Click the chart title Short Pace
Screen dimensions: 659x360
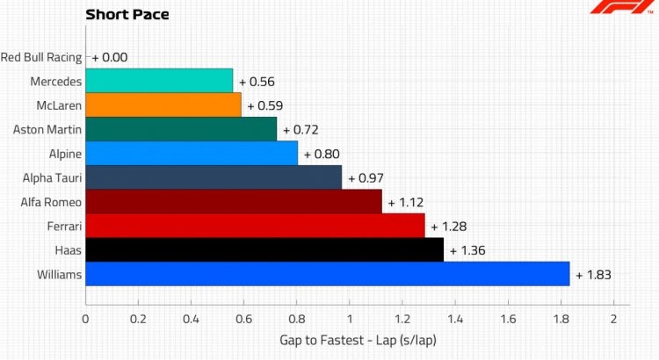point(127,15)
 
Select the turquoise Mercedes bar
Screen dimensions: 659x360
point(159,81)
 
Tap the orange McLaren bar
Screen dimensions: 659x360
point(163,105)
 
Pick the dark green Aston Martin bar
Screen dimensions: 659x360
point(181,129)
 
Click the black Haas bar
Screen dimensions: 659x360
point(264,250)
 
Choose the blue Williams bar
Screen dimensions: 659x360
point(328,274)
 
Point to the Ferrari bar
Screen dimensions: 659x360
point(255,226)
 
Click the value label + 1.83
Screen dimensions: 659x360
point(593,275)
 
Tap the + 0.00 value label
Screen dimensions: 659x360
point(110,57)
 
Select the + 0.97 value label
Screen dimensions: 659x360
point(366,178)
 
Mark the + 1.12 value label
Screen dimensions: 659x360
point(406,203)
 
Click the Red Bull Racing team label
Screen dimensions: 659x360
point(41,57)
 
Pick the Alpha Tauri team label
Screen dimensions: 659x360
point(52,178)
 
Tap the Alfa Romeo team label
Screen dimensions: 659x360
point(51,202)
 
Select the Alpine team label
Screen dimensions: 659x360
point(65,155)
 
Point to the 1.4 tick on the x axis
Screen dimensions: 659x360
point(455,320)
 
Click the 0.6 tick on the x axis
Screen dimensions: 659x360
point(243,320)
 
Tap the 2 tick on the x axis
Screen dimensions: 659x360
point(613,320)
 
